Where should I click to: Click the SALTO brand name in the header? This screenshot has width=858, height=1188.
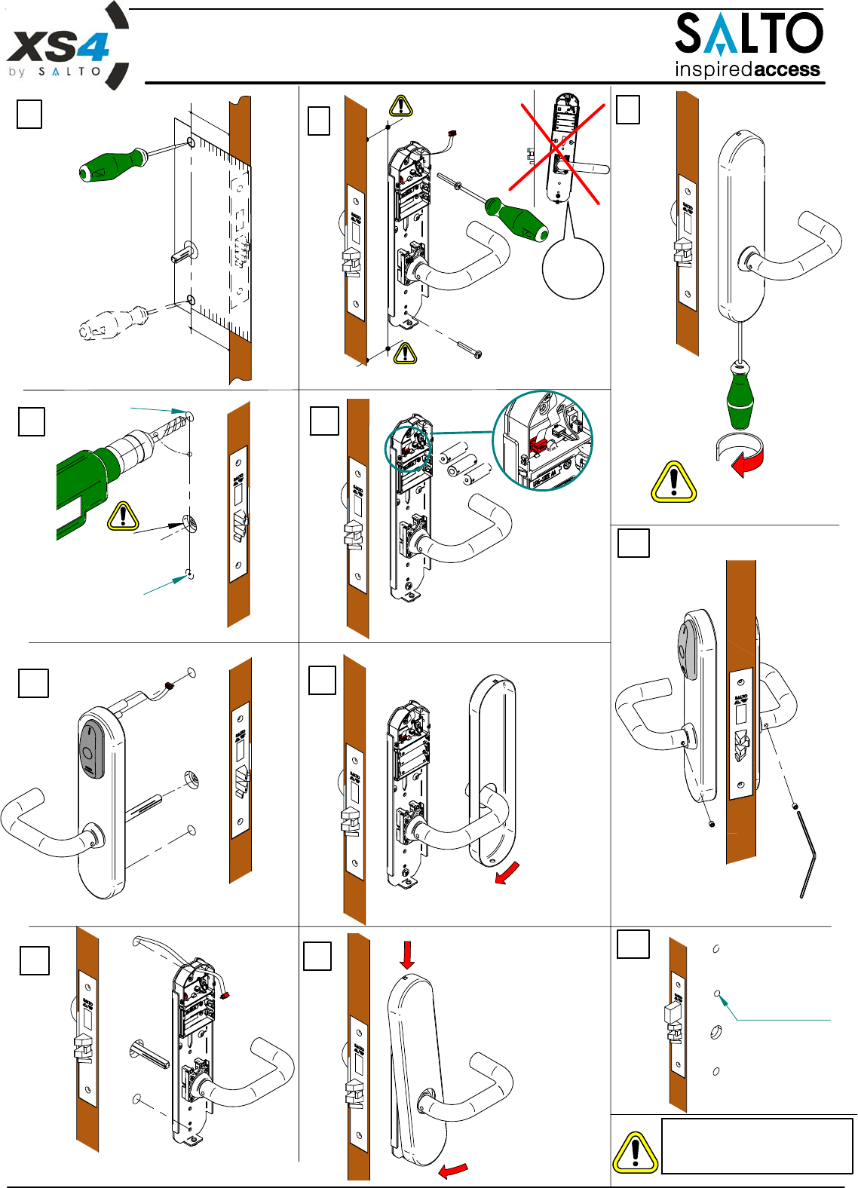click(748, 34)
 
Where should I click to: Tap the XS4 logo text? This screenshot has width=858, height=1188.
click(57, 47)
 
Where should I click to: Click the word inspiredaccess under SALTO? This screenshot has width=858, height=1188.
click(747, 70)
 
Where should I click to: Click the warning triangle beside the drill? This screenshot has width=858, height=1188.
click(123, 516)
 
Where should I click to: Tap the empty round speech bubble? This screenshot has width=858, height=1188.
click(573, 268)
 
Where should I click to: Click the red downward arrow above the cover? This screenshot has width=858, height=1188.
click(407, 954)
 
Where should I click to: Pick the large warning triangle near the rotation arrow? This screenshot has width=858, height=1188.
click(673, 482)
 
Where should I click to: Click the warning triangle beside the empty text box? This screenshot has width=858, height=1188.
click(635, 1153)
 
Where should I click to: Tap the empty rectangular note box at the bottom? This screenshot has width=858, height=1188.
click(756, 1146)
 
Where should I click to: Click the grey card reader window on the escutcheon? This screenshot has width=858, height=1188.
click(90, 750)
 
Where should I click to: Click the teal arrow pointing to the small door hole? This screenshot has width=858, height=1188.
click(725, 1003)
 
